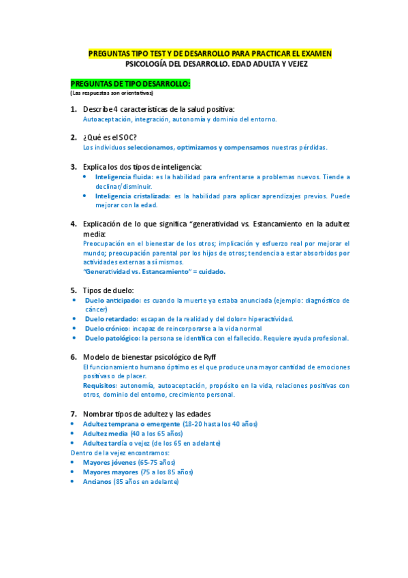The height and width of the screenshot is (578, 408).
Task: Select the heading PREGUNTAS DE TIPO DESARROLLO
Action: pos(131,83)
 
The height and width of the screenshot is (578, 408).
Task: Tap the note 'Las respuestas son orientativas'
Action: pos(112,93)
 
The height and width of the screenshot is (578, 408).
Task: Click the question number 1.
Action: pos(74,110)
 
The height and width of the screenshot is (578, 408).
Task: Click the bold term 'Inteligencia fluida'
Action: pos(119,177)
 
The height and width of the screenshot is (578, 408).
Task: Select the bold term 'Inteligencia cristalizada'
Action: pos(132,196)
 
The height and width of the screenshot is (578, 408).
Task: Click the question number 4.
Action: pos(74,224)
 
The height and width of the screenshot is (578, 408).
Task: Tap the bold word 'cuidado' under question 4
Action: pos(210,271)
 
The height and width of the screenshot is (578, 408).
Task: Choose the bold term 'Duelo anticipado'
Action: pos(112,300)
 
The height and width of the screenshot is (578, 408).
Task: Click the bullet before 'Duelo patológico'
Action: pos(74,338)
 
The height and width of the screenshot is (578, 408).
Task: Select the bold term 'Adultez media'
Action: pos(104,433)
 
